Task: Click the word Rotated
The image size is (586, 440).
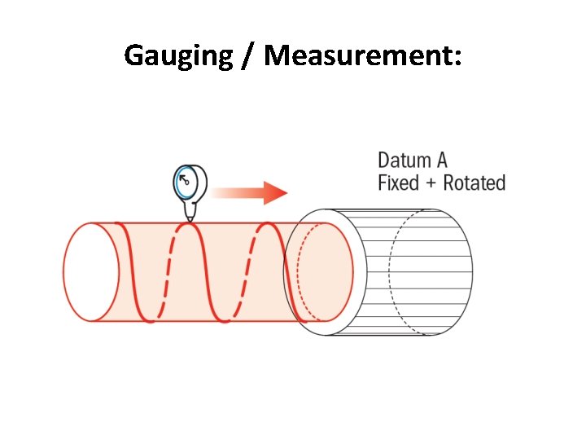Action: pos(474,183)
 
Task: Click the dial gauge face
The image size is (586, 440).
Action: pos(187,182)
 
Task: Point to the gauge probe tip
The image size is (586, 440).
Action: pos(190,218)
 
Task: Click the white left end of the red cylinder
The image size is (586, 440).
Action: pos(90,271)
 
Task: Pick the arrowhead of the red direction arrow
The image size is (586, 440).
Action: pos(277,193)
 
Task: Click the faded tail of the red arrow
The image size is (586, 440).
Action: pos(224,193)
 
